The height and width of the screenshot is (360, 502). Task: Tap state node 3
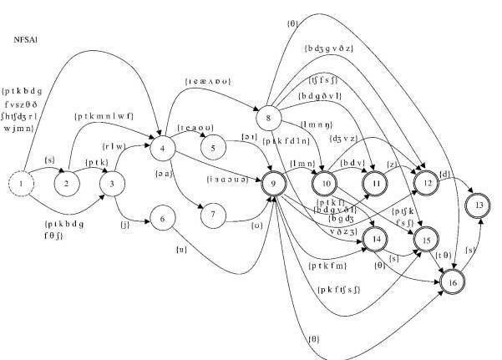111,182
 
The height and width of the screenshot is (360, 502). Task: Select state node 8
267,118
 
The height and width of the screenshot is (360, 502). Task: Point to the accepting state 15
427,240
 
